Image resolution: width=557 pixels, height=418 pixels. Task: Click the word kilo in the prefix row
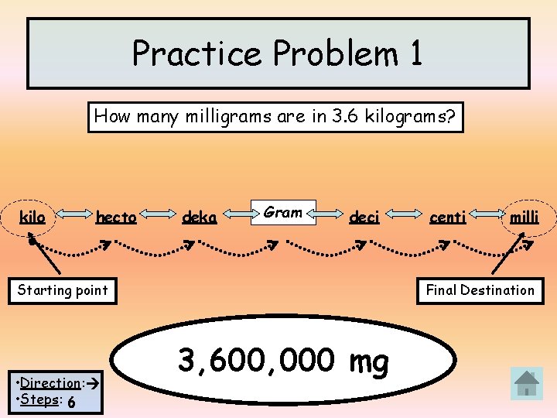point(32,218)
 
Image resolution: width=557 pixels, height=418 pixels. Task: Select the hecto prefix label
point(116,218)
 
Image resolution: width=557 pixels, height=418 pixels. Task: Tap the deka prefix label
point(199,218)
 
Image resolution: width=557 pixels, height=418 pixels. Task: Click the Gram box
point(283,212)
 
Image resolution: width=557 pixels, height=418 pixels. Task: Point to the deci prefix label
point(364,218)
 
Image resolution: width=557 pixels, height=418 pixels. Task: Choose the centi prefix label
point(448,218)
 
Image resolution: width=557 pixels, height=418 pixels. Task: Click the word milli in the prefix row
point(524,218)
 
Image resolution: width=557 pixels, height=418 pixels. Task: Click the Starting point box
point(63,290)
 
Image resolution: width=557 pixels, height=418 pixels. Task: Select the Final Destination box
point(480,290)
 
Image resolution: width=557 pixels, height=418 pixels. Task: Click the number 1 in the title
point(415,53)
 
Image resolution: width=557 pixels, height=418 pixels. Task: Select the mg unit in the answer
point(368,361)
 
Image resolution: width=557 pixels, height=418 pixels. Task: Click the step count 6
point(71,402)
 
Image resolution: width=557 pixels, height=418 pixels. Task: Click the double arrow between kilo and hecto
point(70,217)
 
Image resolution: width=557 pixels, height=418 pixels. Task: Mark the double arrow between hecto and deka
point(158,217)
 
